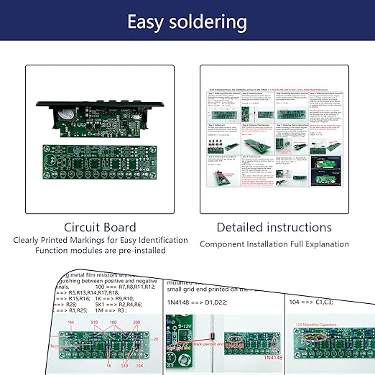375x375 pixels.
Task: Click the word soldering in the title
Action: (x=212, y=22)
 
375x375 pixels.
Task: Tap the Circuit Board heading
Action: (x=101, y=227)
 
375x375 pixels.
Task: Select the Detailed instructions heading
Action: (x=275, y=227)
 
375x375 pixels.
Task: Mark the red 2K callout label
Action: (x=155, y=337)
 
